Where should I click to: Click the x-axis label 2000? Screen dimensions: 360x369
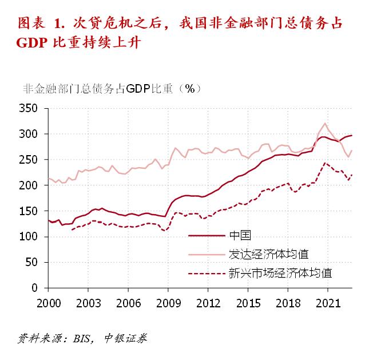click(x=48, y=302)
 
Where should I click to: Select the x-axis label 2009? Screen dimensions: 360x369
click(x=168, y=302)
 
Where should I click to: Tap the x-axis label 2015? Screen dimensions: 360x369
click(x=247, y=302)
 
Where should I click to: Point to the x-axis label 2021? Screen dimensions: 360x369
click(x=327, y=302)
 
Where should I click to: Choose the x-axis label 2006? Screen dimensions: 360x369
click(x=128, y=302)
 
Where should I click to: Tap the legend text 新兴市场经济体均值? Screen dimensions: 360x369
click(x=280, y=272)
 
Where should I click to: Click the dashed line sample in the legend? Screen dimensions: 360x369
click(x=206, y=273)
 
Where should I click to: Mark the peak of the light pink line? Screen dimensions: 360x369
click(x=326, y=123)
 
